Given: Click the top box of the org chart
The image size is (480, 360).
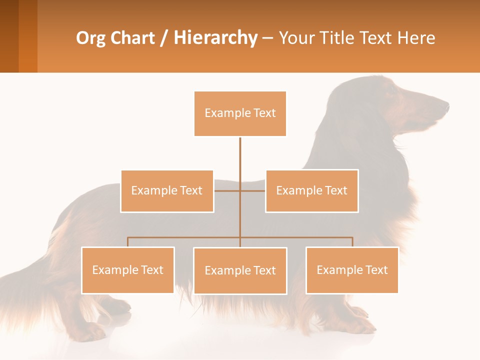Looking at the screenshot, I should click(240, 113).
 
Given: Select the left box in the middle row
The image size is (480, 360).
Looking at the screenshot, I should click(167, 191).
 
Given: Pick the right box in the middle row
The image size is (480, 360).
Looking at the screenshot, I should click(311, 191).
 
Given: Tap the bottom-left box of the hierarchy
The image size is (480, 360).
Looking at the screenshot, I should click(128, 270).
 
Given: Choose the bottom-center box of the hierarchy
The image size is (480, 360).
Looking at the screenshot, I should click(240, 270).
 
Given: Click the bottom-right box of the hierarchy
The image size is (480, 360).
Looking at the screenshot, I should click(352, 270).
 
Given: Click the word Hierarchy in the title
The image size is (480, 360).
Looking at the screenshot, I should click(215, 38).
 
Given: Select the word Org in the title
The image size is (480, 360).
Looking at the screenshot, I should click(90, 38).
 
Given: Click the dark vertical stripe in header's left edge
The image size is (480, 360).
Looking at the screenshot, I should click(9, 36).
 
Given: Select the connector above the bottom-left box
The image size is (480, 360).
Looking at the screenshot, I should click(128, 242).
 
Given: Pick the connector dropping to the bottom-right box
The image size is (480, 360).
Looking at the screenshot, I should click(352, 242).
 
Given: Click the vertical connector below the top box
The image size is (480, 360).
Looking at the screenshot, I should click(240, 160).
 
